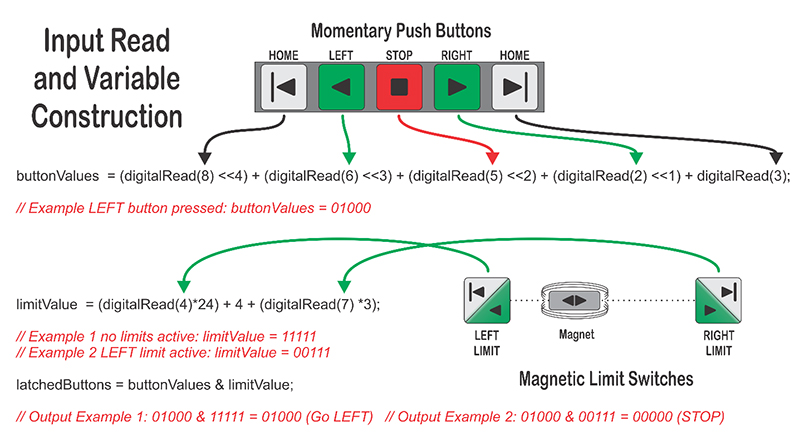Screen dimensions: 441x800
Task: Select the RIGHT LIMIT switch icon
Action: point(718,301)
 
